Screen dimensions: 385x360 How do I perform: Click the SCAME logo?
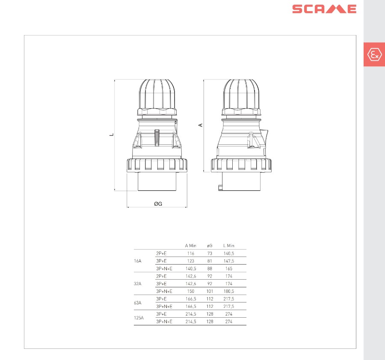pos(324,9)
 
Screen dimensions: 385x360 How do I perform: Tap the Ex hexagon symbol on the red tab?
pos(374,54)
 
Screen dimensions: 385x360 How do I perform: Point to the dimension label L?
pos(112,135)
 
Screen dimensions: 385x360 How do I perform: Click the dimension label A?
pos(201,125)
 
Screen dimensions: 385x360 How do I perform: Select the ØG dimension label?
pos(158,204)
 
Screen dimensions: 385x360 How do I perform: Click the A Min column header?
pos(190,246)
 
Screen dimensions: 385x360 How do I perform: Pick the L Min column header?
pos(229,246)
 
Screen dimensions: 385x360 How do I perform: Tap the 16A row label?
pos(138,261)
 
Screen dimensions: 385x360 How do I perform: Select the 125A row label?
pos(139,318)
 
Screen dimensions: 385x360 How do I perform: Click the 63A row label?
pos(138,303)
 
